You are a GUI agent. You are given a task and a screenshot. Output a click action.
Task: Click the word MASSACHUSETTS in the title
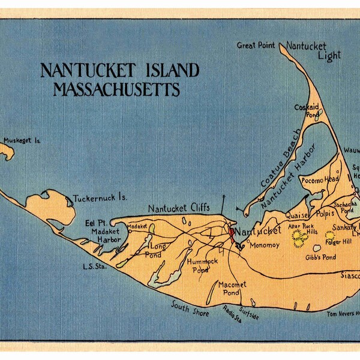click(116, 90)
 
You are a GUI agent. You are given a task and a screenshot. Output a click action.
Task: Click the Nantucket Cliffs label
click(179, 208)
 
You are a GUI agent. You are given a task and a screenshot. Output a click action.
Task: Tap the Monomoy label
click(261, 245)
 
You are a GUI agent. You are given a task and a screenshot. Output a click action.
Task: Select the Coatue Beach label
click(280, 158)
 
